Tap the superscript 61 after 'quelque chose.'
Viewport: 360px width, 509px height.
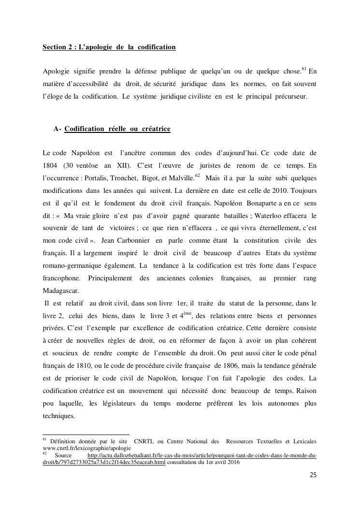tap(304, 69)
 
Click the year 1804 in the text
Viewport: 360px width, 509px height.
tap(50, 165)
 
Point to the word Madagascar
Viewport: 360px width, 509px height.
tap(60, 291)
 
